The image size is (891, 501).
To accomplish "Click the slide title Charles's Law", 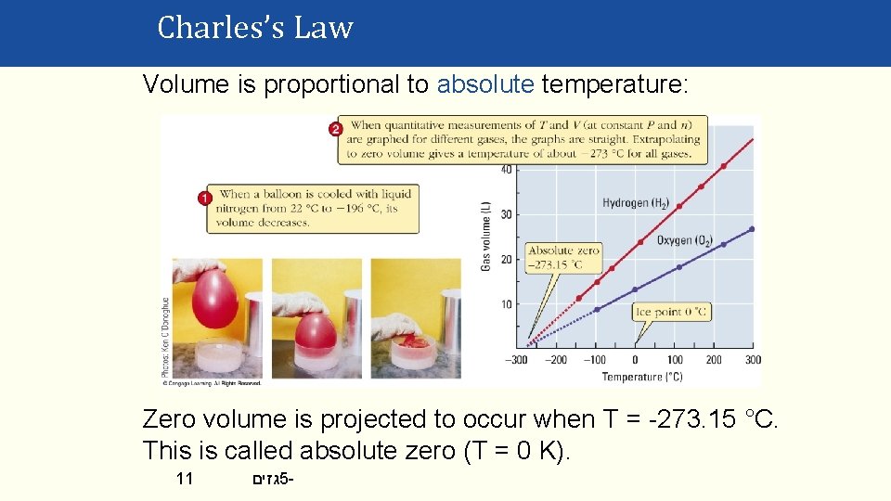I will pyautogui.click(x=255, y=28).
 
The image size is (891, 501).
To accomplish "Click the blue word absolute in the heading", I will pyautogui.click(x=485, y=85).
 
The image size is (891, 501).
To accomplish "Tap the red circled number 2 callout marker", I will pyautogui.click(x=335, y=128).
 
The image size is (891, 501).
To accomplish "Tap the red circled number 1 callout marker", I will pyautogui.click(x=205, y=198).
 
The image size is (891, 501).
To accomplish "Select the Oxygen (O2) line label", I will pyautogui.click(x=684, y=241).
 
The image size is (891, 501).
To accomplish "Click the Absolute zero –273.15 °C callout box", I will pyautogui.click(x=563, y=257).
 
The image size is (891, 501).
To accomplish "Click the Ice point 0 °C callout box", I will pyautogui.click(x=671, y=312).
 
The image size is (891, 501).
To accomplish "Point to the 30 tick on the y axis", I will pyautogui.click(x=506, y=214).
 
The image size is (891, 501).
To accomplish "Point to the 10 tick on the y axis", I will pyautogui.click(x=506, y=304).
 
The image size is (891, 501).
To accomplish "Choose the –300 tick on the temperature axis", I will pyautogui.click(x=517, y=360).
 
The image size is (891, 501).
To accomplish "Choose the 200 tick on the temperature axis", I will pyautogui.click(x=714, y=360).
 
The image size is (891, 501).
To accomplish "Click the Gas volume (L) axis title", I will pyautogui.click(x=485, y=237).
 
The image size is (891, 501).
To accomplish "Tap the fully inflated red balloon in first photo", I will pyautogui.click(x=214, y=299).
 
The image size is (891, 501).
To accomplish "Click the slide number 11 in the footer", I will pyautogui.click(x=185, y=480).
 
